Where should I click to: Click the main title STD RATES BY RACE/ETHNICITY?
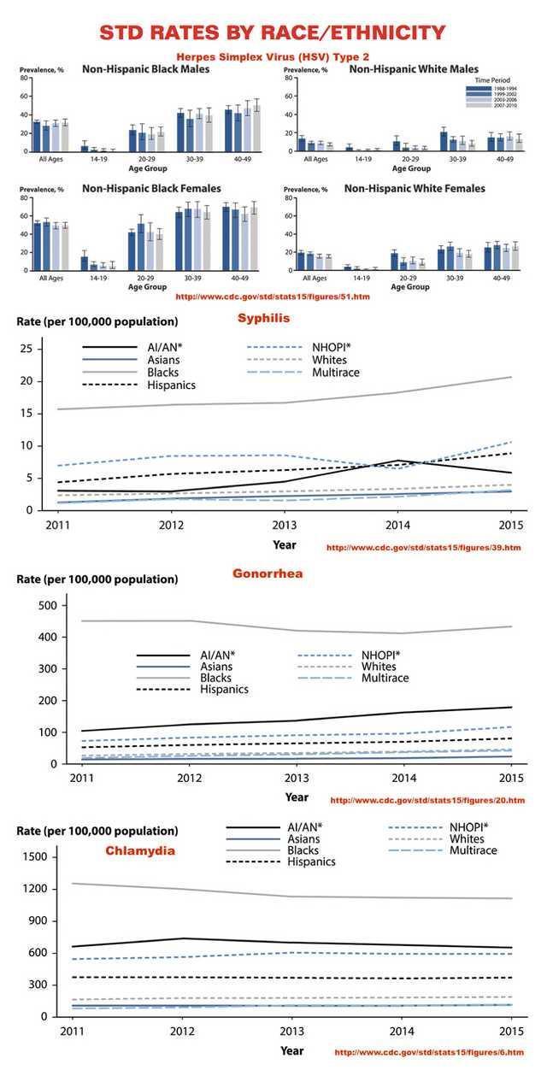pyautogui.click(x=273, y=33)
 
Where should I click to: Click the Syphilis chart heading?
pyautogui.click(x=263, y=317)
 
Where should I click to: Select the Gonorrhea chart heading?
pyautogui.click(x=268, y=573)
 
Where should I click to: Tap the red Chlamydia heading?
pyautogui.click(x=140, y=850)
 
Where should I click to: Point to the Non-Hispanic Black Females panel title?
pyautogui.click(x=151, y=188)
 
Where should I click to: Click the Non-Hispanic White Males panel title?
pyautogui.click(x=414, y=68)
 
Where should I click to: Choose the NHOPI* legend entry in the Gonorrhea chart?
pyautogui.click(x=381, y=655)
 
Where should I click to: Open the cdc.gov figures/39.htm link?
pyautogui.click(x=423, y=547)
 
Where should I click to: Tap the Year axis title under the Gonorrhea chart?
pyautogui.click(x=297, y=797)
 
